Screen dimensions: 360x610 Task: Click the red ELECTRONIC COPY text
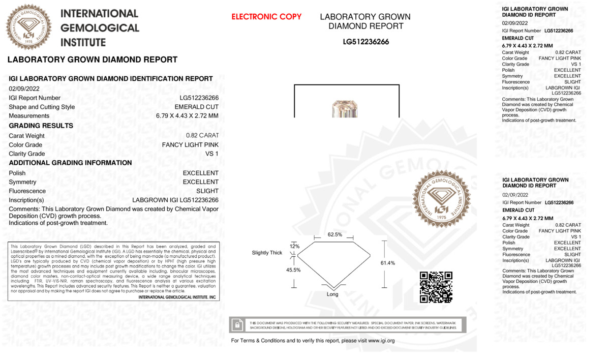[x=266, y=17]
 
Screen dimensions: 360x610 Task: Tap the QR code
[x=436, y=287]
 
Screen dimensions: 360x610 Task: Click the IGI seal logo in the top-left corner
[x=29, y=27]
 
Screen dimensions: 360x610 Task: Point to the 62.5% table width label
[x=334, y=234]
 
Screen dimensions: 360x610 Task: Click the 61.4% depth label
[x=387, y=263]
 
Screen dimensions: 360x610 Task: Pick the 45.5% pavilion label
[x=293, y=270]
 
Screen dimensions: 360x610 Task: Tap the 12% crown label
[x=295, y=246]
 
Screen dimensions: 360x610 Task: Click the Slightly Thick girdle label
[x=267, y=253]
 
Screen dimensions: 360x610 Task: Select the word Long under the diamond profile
[x=332, y=294]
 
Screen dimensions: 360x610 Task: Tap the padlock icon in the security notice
[x=237, y=325]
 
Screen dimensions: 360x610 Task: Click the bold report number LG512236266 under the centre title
[x=365, y=42]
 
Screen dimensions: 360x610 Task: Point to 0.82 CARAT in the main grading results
[x=202, y=136]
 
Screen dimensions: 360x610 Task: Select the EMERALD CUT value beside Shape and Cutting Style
[x=196, y=107]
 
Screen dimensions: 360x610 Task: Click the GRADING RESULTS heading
[x=41, y=126]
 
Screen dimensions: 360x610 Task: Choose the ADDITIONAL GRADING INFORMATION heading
[x=71, y=163]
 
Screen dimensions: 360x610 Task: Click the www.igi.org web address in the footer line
[x=381, y=341]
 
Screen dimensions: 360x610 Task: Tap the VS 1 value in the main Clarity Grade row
[x=211, y=154]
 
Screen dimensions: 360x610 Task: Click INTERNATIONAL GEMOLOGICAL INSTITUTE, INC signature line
[x=177, y=297]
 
